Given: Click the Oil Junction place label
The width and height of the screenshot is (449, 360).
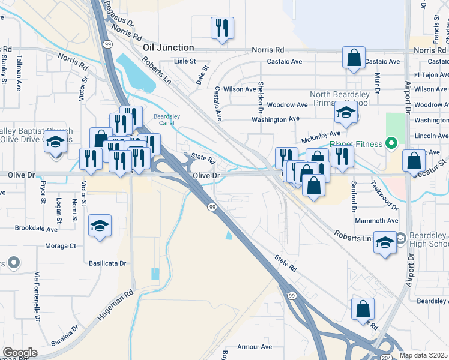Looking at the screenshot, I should tap(168, 47).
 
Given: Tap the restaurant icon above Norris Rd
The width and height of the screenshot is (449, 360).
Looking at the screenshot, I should tap(222, 28).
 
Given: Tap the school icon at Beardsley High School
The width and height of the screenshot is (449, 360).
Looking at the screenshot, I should tap(385, 242).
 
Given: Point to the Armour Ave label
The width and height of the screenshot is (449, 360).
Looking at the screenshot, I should tap(255, 347).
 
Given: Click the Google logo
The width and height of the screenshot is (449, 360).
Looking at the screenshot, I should tap(20, 353).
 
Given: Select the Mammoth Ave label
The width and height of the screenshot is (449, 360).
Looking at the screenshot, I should tap(376, 221).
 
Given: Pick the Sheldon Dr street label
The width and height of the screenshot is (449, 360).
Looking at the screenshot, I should tap(261, 96).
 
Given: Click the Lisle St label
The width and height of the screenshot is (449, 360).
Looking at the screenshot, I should tap(185, 61).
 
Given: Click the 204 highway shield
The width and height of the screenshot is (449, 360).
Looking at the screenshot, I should tap(384, 356).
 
